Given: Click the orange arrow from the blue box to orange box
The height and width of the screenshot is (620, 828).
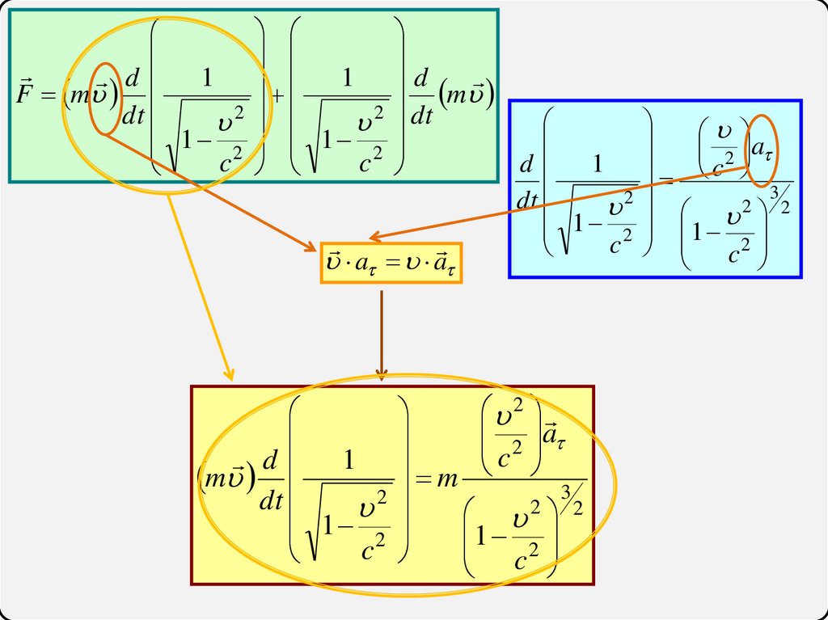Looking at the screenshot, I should pos(558,202).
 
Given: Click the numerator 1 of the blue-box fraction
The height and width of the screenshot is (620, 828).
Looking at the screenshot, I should pos(598,165).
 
